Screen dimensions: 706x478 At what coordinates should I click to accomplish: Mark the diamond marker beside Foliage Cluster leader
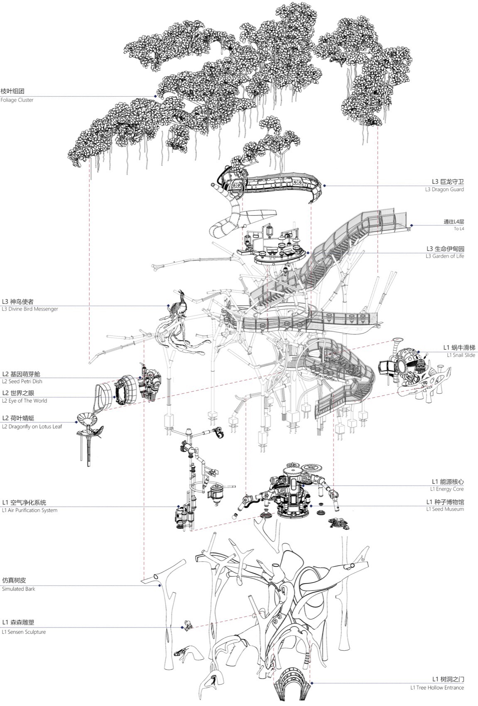click(x=155, y=96)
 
